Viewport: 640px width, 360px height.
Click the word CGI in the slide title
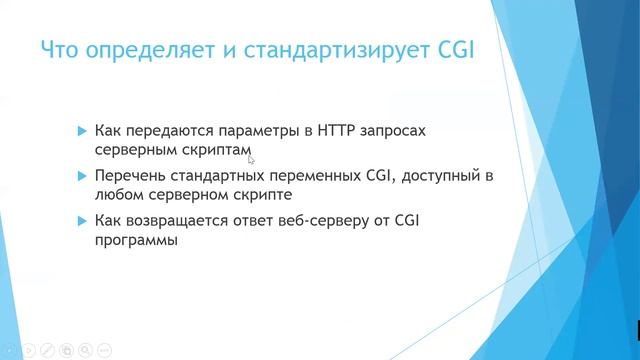point(452,50)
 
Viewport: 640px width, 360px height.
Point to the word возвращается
point(174,223)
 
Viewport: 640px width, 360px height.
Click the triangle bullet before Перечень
point(82,177)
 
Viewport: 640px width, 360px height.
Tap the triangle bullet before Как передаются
point(82,131)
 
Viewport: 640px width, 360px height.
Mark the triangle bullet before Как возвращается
point(82,223)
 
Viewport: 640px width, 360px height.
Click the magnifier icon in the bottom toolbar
point(86,350)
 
